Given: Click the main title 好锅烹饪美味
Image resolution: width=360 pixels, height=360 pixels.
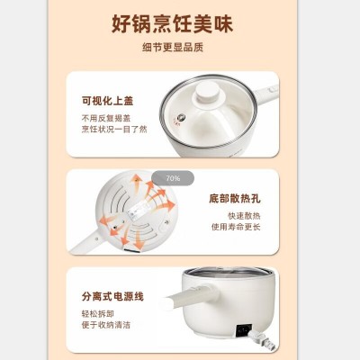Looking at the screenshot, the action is coord(173,24).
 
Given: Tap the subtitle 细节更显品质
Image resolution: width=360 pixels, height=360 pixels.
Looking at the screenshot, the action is coord(173,48).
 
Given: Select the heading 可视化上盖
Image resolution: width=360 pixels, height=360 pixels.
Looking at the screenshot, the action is coord(108,101).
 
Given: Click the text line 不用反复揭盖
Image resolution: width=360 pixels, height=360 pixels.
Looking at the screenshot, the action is coord(106,118).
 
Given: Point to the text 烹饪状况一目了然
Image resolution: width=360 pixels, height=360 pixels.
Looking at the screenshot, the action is coord(114,130).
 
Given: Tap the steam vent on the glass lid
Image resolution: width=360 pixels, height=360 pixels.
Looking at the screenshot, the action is coord(181,117).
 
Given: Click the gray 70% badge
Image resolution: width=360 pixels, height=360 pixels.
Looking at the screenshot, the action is coord(173,178).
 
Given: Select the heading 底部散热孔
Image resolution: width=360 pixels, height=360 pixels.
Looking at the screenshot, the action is coord(235,199).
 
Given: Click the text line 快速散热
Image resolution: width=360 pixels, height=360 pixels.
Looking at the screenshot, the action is coord(244,216).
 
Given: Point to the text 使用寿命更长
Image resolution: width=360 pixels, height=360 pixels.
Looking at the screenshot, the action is coord(236,227).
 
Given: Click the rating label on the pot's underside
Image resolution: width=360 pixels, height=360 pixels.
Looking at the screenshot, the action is coord(139,208).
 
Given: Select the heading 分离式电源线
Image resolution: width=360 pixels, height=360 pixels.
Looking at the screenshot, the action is coord(112,296).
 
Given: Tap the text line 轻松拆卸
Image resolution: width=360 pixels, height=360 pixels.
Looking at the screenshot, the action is coord(98,314).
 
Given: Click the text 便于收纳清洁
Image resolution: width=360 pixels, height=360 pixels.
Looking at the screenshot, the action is coord(106,325).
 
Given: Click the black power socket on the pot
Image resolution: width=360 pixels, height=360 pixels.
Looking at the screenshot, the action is coord(244,331).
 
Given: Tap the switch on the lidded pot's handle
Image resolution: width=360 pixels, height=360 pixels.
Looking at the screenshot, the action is coord(273,88).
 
